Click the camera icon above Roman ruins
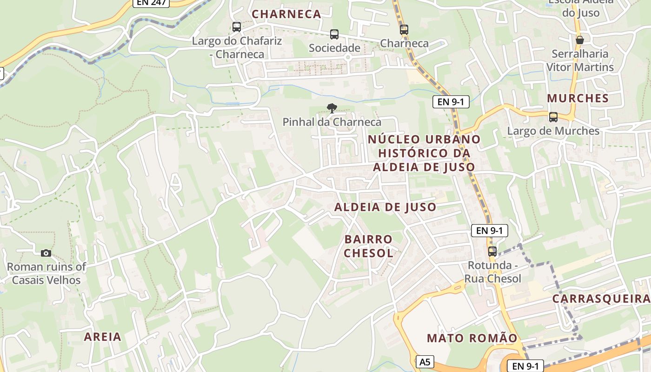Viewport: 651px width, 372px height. pyautogui.click(x=46, y=253)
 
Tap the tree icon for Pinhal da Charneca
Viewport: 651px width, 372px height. pyautogui.click(x=332, y=109)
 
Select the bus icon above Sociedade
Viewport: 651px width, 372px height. pyautogui.click(x=334, y=34)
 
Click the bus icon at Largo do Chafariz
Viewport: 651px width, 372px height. pyautogui.click(x=237, y=27)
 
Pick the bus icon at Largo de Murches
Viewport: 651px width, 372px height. pyautogui.click(x=553, y=117)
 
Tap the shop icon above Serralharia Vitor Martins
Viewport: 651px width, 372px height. pyautogui.click(x=579, y=40)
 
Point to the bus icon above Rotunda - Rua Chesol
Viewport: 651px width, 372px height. pyautogui.click(x=492, y=252)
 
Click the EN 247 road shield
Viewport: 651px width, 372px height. pyautogui.click(x=152, y=2)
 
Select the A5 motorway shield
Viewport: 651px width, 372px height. pyautogui.click(x=425, y=362)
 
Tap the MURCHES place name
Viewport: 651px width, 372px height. pyautogui.click(x=578, y=98)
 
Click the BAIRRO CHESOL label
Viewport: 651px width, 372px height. pyautogui.click(x=368, y=246)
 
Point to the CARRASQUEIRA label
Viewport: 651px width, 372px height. pyautogui.click(x=601, y=299)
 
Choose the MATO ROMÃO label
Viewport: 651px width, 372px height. pyautogui.click(x=472, y=338)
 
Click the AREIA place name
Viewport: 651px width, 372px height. pyautogui.click(x=102, y=337)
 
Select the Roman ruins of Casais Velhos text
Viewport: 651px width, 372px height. pyautogui.click(x=46, y=273)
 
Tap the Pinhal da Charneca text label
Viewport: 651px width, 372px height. pyautogui.click(x=332, y=122)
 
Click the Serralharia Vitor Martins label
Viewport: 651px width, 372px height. pyautogui.click(x=579, y=60)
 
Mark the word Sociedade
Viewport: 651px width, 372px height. pyautogui.click(x=334, y=48)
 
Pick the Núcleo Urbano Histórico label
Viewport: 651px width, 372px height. pyautogui.click(x=424, y=153)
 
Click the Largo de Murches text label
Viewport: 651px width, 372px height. pyautogui.click(x=553, y=131)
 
